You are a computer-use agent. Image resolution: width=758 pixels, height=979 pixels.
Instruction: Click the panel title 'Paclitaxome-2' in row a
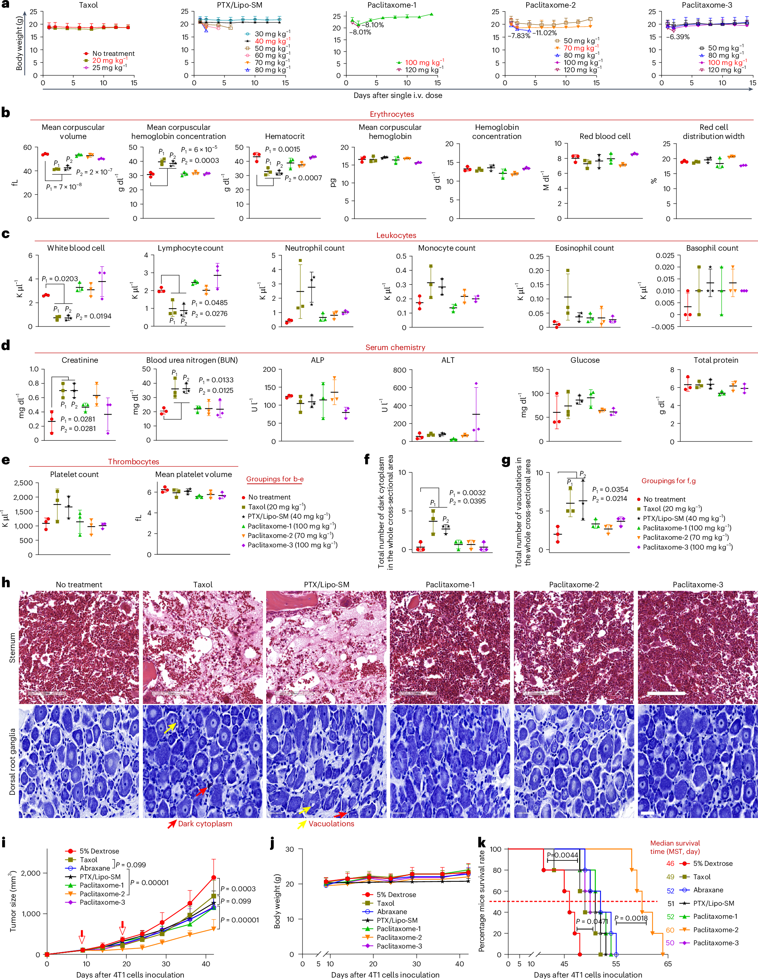click(x=551, y=5)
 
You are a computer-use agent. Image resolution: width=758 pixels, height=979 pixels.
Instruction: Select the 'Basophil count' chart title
click(x=712, y=248)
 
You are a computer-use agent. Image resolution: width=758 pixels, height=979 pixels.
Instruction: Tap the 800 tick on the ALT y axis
click(x=399, y=370)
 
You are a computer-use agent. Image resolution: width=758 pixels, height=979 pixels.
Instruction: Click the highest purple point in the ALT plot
click(x=476, y=384)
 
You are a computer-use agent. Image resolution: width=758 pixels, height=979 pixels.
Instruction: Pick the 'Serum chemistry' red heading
click(x=395, y=347)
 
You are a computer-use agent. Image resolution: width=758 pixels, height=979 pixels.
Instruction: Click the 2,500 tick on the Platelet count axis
click(x=23, y=483)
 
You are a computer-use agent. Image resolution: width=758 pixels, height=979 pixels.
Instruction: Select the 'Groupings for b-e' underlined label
click(x=275, y=479)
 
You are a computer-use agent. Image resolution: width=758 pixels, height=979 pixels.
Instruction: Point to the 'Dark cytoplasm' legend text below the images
click(x=205, y=824)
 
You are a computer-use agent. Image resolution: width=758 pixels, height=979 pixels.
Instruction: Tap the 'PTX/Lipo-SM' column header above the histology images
click(x=326, y=584)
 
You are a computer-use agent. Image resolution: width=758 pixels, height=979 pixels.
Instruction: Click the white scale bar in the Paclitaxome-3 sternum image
click(x=666, y=694)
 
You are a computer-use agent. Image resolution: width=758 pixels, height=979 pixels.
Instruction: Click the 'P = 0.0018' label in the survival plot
click(x=631, y=918)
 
